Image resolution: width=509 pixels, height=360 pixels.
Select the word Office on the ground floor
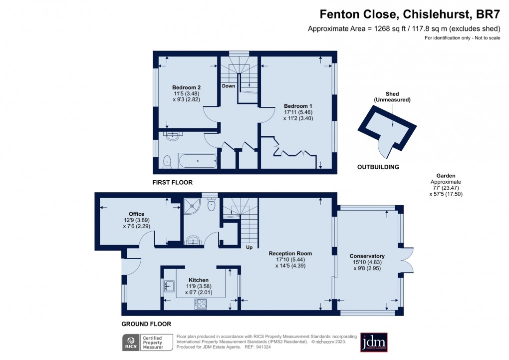coord(136,214)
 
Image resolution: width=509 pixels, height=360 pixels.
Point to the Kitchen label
coord(199,280)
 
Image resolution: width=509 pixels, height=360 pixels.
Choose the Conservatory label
coord(367,256)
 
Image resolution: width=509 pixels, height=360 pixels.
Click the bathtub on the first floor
coord(198,161)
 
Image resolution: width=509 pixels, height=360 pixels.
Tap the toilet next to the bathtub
coord(168,161)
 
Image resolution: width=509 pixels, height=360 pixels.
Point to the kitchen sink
coord(169,286)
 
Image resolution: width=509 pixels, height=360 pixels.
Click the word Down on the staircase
coord(229,86)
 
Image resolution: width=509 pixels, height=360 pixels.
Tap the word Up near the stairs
coord(249,247)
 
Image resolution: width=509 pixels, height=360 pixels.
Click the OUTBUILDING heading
coord(378,167)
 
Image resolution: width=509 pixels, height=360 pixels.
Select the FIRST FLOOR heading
coord(172,183)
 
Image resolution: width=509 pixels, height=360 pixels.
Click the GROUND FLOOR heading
coord(146,324)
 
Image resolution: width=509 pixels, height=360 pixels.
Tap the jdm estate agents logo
coord(374,343)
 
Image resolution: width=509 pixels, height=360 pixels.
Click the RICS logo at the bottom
coord(131,343)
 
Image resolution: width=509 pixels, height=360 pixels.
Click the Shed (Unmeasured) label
coord(392,97)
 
